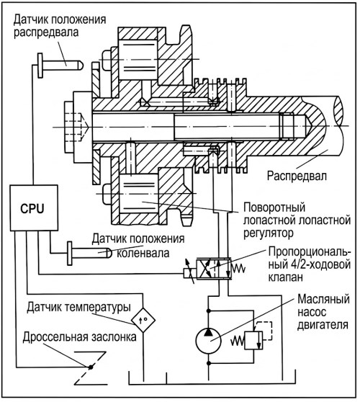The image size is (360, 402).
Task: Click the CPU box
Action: pyautogui.click(x=34, y=208)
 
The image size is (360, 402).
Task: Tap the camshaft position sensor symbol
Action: pyautogui.click(x=60, y=66)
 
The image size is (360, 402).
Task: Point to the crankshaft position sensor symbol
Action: pyautogui.click(x=89, y=254)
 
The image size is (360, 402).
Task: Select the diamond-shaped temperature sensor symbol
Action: pyautogui.click(x=143, y=320)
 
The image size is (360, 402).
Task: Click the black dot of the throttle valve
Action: pyautogui.click(x=91, y=367)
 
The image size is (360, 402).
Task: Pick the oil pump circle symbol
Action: pyautogui.click(x=208, y=341)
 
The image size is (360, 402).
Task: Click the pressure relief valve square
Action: pyautogui.click(x=253, y=340)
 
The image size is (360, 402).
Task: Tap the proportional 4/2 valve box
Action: pyautogui.click(x=213, y=269)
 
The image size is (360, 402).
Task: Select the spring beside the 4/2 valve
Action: pyautogui.click(x=238, y=269)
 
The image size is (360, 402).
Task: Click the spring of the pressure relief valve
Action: pyautogui.click(x=238, y=341)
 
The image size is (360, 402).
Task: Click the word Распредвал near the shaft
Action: pyautogui.click(x=297, y=176)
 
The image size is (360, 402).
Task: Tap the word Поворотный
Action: pyautogui.click(x=274, y=207)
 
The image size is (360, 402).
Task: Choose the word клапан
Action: pyautogui.click(x=285, y=277)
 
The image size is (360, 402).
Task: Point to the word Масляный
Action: pyautogui.click(x=323, y=299)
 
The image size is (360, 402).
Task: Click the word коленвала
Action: pyautogui.click(x=143, y=254)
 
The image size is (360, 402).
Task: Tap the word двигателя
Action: pyautogui.click(x=323, y=325)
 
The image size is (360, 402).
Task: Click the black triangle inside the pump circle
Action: pyautogui.click(x=208, y=332)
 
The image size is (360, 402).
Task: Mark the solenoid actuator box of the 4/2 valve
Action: pyautogui.click(x=190, y=274)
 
